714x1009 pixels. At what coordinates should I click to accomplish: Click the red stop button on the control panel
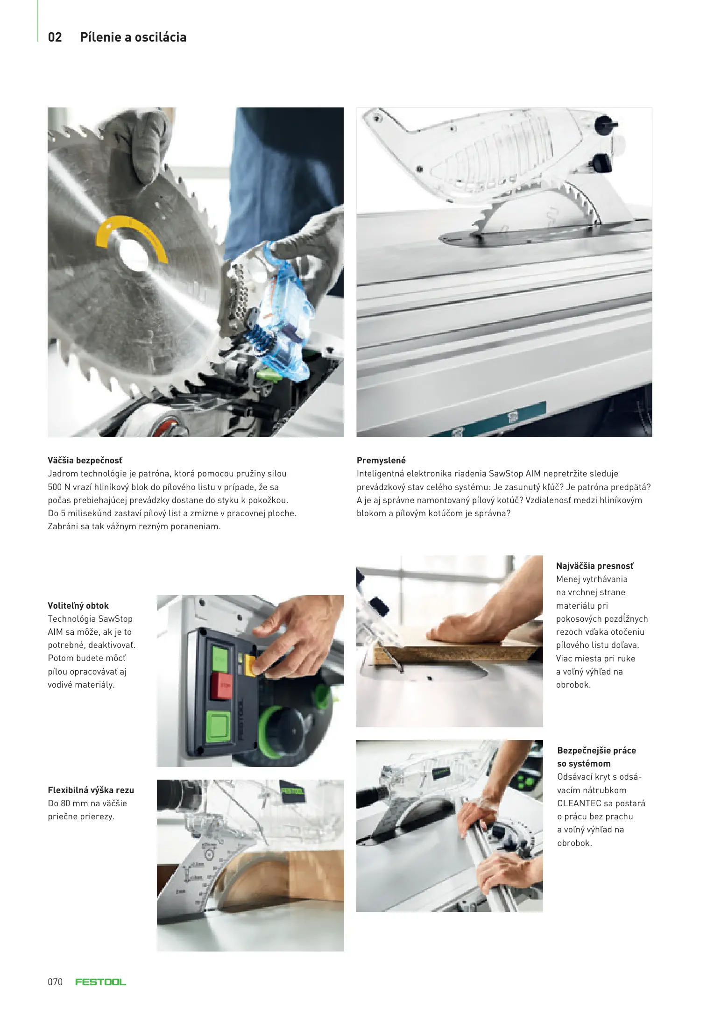[x=222, y=686]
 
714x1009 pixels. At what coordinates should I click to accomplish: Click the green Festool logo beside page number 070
[x=101, y=982]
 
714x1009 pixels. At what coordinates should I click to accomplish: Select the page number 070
[x=55, y=982]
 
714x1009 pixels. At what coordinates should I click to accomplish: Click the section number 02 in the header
[x=55, y=37]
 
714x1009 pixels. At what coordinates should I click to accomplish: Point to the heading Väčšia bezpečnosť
[x=85, y=460]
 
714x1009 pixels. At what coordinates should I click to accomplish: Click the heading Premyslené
[x=381, y=460]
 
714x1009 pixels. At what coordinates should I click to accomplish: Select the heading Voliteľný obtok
[x=78, y=605]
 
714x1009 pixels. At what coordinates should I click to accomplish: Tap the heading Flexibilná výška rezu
[x=91, y=790]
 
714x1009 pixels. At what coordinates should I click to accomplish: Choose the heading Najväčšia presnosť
[x=595, y=566]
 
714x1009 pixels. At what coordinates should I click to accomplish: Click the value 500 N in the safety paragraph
[x=59, y=487]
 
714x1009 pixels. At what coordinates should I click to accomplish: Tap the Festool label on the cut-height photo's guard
[x=293, y=790]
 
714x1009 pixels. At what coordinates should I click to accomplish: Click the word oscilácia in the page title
[x=161, y=37]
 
